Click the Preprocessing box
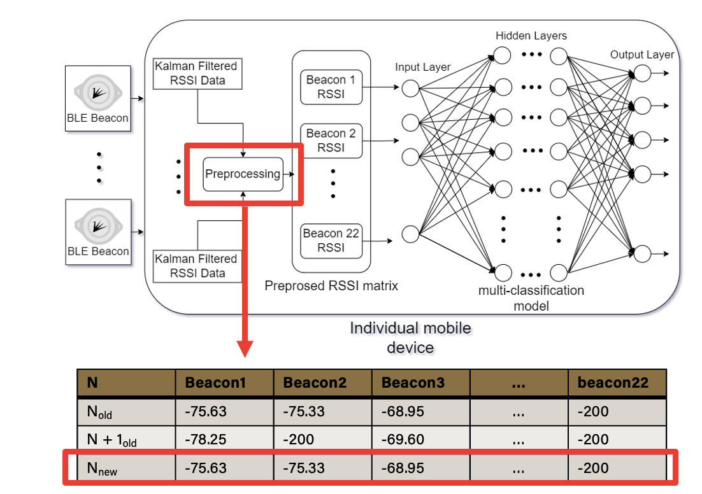243,174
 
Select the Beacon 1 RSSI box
331,87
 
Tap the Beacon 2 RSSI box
331,141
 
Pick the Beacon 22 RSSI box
331,241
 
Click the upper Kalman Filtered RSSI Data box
197,73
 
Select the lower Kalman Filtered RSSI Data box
197,266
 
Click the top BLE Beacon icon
98,92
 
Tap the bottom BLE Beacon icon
98,226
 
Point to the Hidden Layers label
531,36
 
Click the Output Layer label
642,55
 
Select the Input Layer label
422,67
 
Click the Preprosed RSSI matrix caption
331,285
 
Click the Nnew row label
102,469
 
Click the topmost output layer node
643,73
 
